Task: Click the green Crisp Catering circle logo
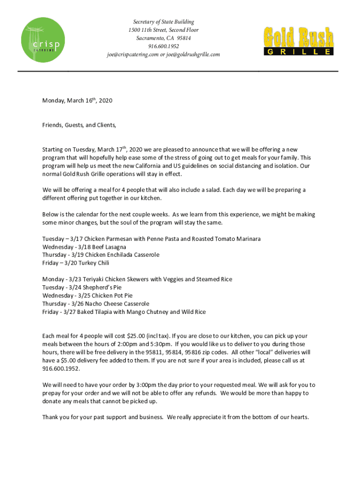43,39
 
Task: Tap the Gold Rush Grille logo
299,41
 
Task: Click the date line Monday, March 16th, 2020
77,101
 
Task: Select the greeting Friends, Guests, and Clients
79,125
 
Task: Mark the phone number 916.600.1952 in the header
164,46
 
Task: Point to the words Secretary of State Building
164,22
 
